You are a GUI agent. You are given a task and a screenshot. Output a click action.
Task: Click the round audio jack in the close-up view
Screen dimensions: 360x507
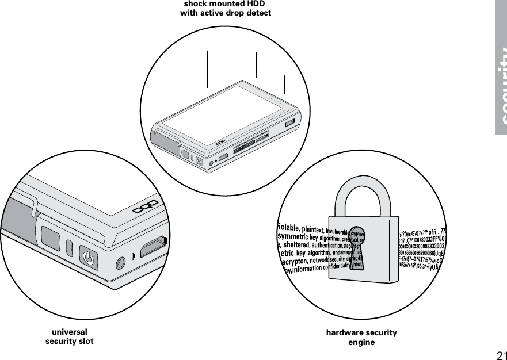pos(119,262)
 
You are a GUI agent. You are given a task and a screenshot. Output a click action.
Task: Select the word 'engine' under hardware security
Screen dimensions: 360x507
pos(361,342)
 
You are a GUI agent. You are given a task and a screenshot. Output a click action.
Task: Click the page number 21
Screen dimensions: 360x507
pos(500,353)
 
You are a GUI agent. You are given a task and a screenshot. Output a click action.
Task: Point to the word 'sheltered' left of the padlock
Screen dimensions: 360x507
pos(296,246)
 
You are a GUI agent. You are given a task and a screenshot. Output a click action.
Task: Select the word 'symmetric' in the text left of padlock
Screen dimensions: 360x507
pos(292,236)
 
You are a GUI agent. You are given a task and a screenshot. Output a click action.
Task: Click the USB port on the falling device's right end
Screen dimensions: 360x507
pos(290,122)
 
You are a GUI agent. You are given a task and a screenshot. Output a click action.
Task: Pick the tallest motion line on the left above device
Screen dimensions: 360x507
pos(207,69)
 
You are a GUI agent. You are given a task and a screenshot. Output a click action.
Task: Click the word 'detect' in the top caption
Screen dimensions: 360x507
pos(257,13)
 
